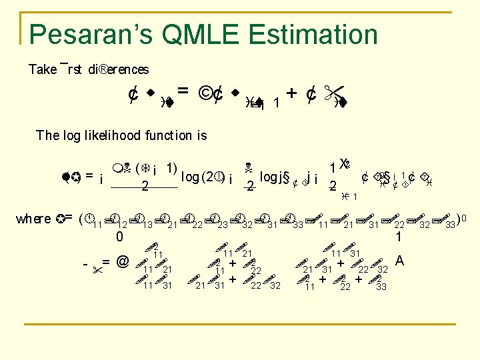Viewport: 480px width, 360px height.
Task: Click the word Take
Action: (43, 69)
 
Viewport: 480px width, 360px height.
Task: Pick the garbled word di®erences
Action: (119, 69)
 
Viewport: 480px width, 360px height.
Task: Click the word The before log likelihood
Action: (47, 135)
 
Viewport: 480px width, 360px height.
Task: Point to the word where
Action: (33, 219)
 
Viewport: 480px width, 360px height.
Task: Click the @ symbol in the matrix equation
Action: (122, 263)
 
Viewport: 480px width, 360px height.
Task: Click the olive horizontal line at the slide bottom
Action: (240, 324)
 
